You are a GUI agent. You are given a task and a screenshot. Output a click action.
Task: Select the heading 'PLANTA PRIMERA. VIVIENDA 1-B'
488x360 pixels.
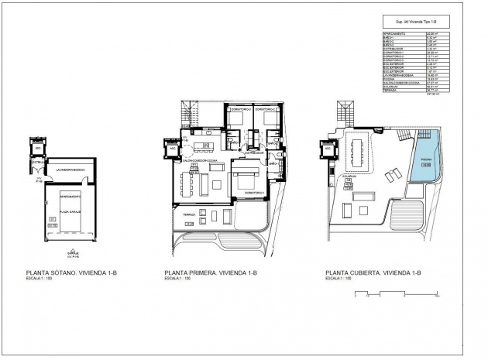click(210, 273)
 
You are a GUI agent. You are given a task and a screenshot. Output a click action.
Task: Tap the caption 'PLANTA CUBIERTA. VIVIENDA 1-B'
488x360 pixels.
click(373, 273)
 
